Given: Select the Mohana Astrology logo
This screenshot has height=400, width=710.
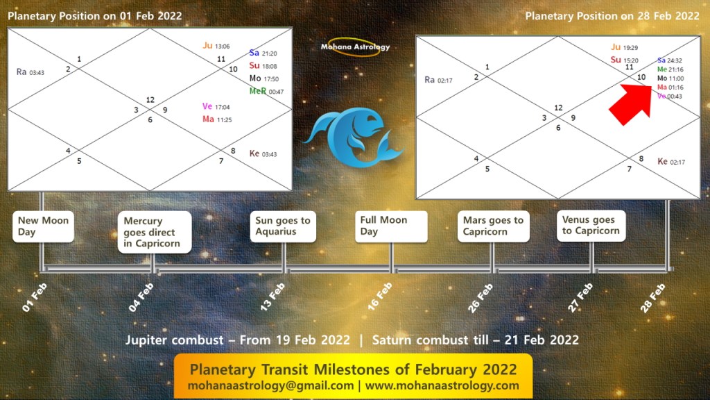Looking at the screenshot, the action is click(x=355, y=47).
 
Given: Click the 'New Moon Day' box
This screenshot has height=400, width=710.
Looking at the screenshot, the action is click(x=43, y=226).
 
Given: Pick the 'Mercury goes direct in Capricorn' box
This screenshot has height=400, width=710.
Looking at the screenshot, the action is click(x=155, y=232).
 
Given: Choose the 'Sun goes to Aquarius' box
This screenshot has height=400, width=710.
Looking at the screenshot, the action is click(x=283, y=226).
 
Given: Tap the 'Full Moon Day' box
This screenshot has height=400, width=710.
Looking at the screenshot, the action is click(x=391, y=226).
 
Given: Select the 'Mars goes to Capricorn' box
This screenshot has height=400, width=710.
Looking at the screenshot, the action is click(x=493, y=226).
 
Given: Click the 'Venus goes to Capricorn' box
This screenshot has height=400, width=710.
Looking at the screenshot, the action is click(x=591, y=226).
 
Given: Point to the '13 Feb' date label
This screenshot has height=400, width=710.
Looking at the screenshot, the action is click(x=272, y=297).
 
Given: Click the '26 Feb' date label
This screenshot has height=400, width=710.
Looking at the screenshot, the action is click(x=480, y=298).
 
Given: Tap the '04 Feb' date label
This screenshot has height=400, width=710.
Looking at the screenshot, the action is click(x=141, y=297).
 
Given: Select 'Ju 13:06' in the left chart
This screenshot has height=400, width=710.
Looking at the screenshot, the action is click(x=216, y=45).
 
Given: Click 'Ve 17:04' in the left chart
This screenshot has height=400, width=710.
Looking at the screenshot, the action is click(x=216, y=106).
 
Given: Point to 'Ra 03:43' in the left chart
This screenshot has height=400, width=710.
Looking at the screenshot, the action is click(x=31, y=72).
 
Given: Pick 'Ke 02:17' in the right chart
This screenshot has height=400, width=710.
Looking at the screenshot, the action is click(x=671, y=161).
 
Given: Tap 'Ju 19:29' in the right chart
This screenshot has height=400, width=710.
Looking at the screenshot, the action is click(x=624, y=47).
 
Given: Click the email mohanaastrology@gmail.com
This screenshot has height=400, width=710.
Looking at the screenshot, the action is click(x=271, y=386).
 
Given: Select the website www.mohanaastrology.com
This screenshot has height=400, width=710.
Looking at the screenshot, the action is click(x=442, y=386).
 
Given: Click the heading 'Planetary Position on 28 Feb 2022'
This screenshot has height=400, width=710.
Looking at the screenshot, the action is click(x=612, y=17).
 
